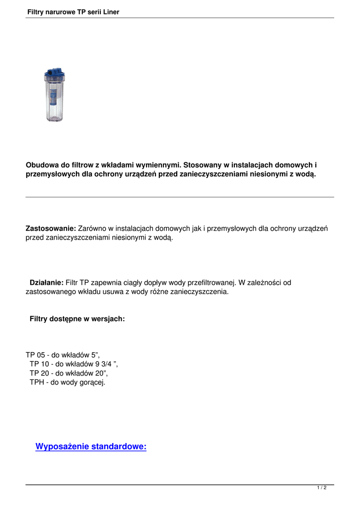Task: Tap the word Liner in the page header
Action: click(x=109, y=12)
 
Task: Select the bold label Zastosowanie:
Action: click(x=51, y=229)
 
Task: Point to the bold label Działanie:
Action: click(x=47, y=283)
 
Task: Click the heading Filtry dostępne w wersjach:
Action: click(x=77, y=319)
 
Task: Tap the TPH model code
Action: click(x=36, y=382)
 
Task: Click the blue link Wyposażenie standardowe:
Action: click(x=91, y=447)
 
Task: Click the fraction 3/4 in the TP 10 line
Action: click(x=105, y=364)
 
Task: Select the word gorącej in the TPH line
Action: click(x=92, y=382)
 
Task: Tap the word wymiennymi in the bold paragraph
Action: click(x=155, y=165)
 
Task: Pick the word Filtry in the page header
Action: click(x=37, y=12)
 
